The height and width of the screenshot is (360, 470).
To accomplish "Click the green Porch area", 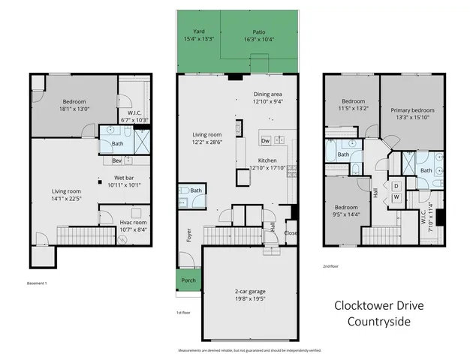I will coord(188,281).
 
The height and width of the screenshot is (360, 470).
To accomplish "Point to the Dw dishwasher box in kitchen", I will coord(265,141).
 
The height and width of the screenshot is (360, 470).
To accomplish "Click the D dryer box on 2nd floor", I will coord(396,185).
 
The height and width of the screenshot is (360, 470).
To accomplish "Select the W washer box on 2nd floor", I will coord(396,197).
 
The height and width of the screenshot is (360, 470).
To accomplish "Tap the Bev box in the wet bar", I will coord(116,160).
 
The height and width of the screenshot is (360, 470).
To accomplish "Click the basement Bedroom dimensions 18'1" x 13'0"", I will coord(74,109).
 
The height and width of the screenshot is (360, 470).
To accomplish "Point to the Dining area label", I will coord(267,94).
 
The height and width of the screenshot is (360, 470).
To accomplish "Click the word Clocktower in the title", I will coord(360,306).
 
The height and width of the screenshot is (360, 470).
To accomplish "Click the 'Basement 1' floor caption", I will coord(38,283).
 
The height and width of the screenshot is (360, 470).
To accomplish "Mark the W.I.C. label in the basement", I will coord(131,114).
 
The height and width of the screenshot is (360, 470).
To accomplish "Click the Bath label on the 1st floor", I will coord(196,190).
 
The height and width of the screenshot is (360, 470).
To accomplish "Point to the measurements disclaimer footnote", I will coord(249,350).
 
